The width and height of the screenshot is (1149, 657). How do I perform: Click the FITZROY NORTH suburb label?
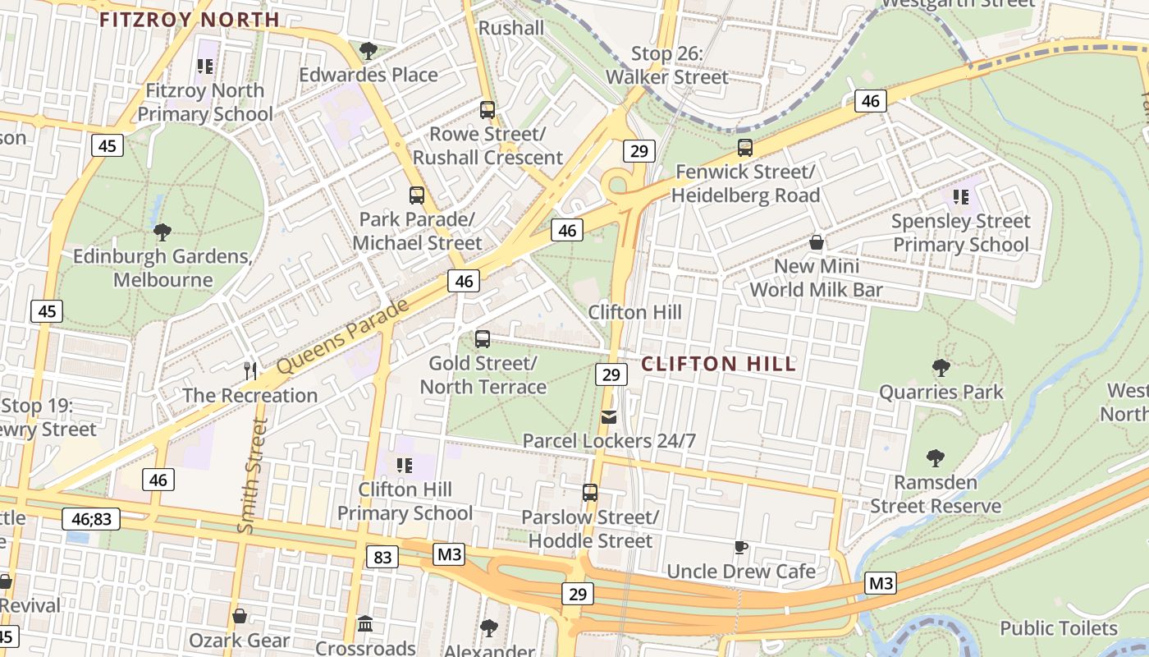[190, 20]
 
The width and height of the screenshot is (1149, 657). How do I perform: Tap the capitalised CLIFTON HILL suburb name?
[718, 364]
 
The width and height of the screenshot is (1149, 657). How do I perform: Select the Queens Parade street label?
[342, 338]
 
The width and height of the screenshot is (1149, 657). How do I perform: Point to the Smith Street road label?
[254, 476]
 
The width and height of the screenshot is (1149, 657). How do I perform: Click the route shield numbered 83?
[382, 558]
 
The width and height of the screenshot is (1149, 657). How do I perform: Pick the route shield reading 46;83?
[91, 518]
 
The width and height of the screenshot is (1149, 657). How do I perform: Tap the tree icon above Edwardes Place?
[369, 51]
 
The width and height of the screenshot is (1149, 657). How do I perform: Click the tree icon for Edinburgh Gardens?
[163, 232]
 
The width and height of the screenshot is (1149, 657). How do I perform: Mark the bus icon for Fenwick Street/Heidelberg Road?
[745, 148]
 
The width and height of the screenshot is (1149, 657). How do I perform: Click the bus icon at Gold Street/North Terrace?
[483, 338]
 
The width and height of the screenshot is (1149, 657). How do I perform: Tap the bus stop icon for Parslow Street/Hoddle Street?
[590, 493]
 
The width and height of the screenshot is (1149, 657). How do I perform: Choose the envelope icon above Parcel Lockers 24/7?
[609, 417]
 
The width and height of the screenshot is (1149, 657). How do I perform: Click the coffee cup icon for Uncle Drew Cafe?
[741, 547]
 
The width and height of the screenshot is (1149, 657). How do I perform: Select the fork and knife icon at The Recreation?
[250, 370]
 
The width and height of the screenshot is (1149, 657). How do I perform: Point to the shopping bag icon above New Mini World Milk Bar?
[817, 242]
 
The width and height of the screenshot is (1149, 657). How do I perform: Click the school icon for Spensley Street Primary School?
[960, 197]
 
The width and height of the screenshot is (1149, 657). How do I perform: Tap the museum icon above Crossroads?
[365, 624]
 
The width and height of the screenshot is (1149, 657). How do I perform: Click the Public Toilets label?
[1059, 628]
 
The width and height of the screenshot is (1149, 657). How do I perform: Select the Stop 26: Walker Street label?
[667, 66]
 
